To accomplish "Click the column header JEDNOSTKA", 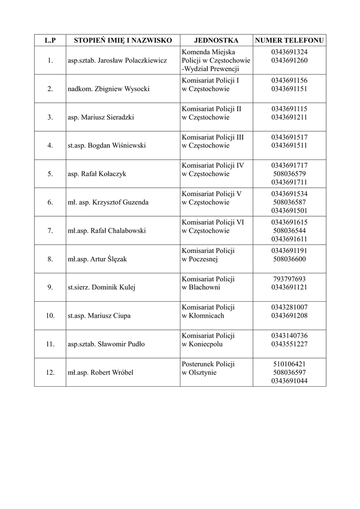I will point(216,40).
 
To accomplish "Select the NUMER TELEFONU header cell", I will point(289,40).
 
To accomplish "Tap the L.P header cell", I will point(50,40).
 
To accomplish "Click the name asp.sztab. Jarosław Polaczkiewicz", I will point(117,61).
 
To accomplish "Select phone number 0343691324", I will point(289,52).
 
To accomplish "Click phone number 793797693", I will point(289,279).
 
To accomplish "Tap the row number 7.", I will point(50,231).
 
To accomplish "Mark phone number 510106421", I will point(289,364).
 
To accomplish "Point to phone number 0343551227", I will point(289,344).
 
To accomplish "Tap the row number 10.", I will point(50,316).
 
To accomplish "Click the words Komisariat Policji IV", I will point(213,166).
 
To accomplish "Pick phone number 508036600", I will point(289,259).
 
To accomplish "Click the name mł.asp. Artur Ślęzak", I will point(97,259).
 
